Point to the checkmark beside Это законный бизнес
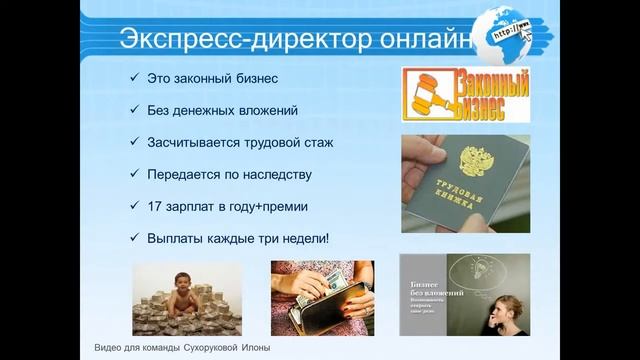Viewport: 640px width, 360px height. pos(133,78)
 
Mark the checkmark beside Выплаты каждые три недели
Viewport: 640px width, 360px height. pos(133,238)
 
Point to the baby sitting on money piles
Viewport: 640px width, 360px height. pos(184,286)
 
